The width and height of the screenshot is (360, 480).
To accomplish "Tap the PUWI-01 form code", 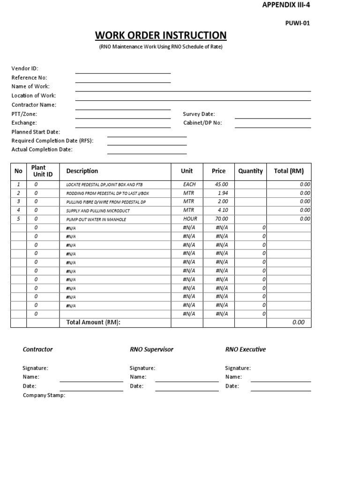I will pyautogui.click(x=298, y=22).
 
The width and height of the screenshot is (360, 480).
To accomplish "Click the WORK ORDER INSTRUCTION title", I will pyautogui.click(x=161, y=36).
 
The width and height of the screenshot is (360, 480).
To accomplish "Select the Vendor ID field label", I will pyautogui.click(x=25, y=68).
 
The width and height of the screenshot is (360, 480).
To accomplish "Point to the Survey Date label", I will pyautogui.click(x=199, y=114).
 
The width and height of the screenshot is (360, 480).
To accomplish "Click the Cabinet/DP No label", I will pyautogui.click(x=202, y=123).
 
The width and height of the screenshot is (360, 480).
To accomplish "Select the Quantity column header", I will pyautogui.click(x=250, y=171).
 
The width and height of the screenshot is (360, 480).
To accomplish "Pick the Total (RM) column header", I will pyautogui.click(x=289, y=171).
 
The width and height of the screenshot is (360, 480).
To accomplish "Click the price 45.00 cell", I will pyautogui.click(x=222, y=184).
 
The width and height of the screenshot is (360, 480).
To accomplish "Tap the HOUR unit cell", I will pyautogui.click(x=190, y=219).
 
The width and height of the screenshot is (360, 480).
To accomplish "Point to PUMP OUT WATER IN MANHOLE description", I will pyautogui.click(x=96, y=219).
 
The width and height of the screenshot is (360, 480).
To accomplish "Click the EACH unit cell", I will pyautogui.click(x=189, y=184).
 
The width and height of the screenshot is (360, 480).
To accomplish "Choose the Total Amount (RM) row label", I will pyautogui.click(x=94, y=322).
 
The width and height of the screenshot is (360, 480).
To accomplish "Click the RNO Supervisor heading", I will pyautogui.click(x=151, y=349).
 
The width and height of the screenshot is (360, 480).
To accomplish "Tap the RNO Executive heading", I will pyautogui.click(x=245, y=349).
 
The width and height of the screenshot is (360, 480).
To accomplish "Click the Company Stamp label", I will pyautogui.click(x=44, y=395).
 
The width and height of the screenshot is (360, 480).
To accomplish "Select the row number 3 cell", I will pyautogui.click(x=19, y=202).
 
